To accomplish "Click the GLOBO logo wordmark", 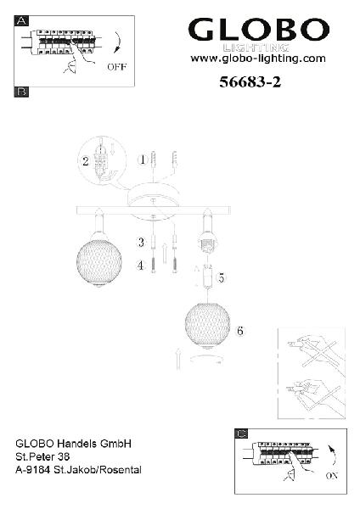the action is (x=259, y=29).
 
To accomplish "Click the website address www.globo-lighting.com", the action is (x=258, y=59).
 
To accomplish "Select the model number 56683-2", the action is (x=250, y=81).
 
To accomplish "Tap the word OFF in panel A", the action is (x=117, y=67).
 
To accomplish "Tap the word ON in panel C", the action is (x=332, y=476).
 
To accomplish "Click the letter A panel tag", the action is (x=21, y=21).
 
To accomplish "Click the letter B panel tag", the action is (x=21, y=92).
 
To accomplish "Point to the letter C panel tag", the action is (x=241, y=433).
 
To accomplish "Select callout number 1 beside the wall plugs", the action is (x=143, y=159).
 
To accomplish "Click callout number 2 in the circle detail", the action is (x=86, y=161).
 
